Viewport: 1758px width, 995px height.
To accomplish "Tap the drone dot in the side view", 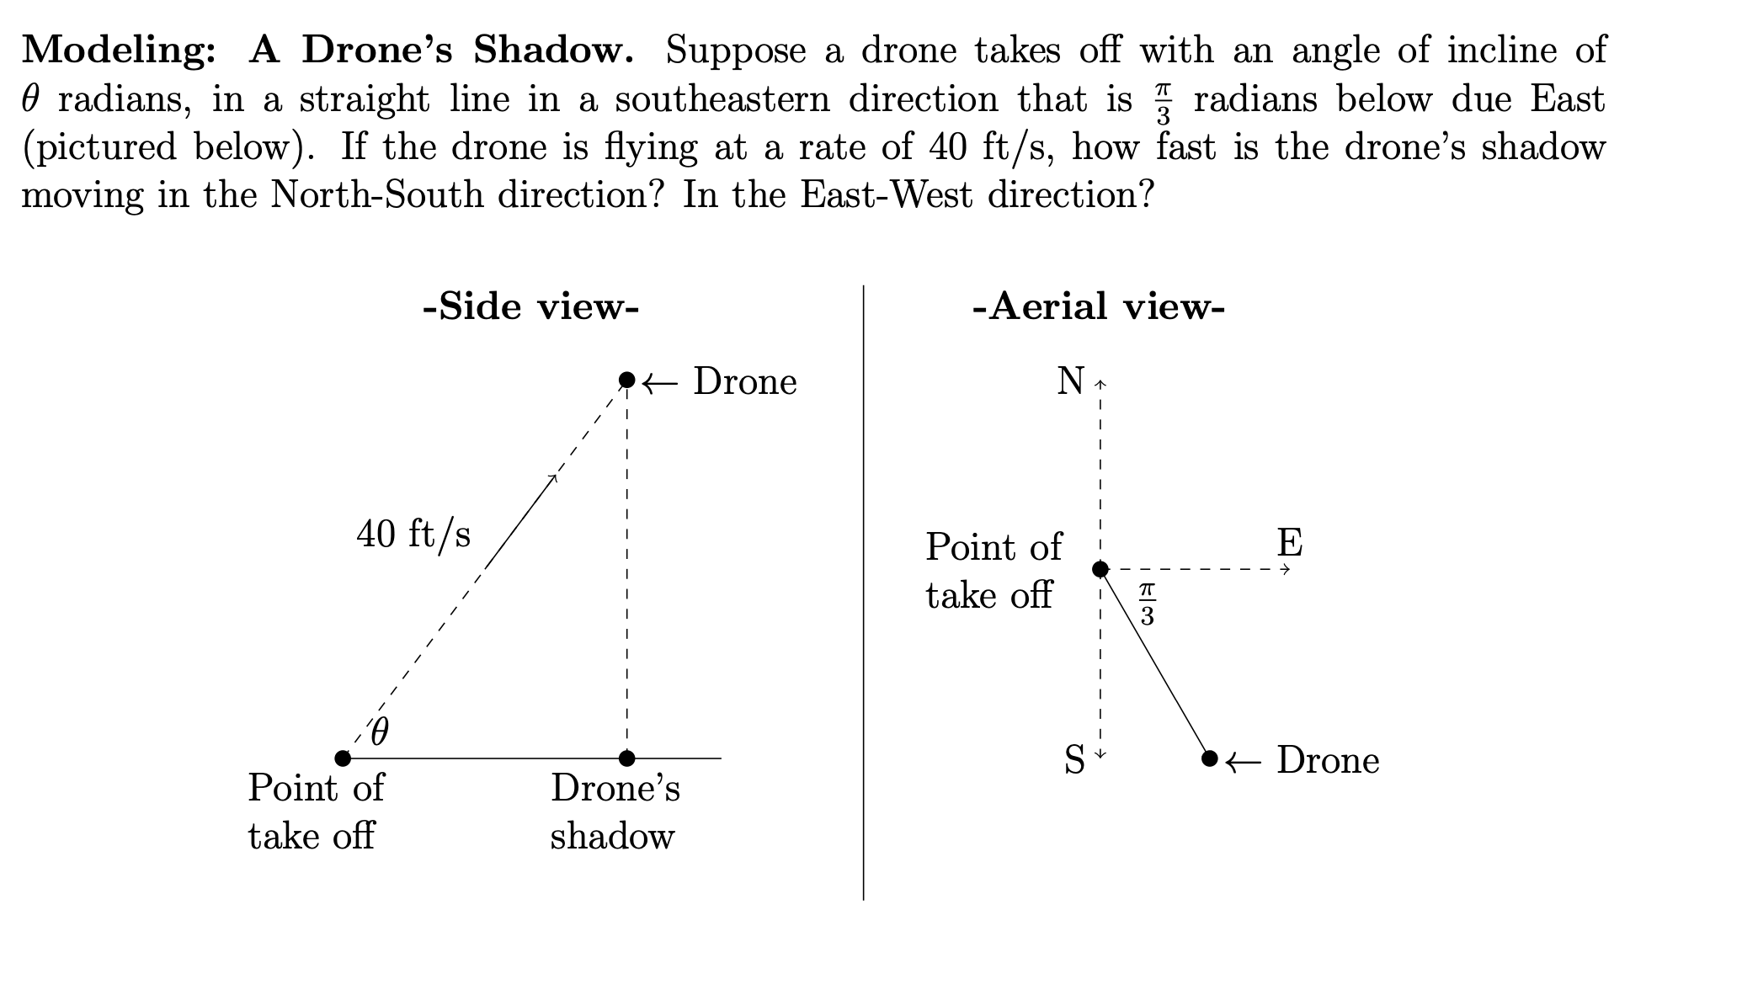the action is [626, 380].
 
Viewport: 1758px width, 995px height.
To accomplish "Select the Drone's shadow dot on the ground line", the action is [626, 758].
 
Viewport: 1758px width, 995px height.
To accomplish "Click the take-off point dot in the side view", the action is [343, 758].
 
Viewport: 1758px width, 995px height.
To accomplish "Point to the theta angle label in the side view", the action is [380, 732].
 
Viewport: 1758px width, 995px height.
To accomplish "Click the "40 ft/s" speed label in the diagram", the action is [413, 534].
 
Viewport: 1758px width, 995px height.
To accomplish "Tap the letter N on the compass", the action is [1071, 381].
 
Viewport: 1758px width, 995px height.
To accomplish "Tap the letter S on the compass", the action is [1074, 760].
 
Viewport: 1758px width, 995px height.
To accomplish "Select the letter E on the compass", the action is [1290, 543].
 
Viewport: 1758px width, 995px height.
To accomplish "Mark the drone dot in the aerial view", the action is [1210, 758].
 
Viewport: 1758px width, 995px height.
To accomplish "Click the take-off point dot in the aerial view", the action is [1100, 570].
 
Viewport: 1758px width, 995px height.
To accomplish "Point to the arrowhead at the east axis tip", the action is [1285, 570].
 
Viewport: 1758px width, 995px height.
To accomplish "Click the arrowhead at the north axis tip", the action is [1100, 384].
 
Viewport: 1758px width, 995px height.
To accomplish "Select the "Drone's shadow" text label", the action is [615, 811].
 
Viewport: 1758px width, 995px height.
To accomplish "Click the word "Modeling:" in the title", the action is [119, 51].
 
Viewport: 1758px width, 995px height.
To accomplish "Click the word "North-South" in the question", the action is [378, 195].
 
